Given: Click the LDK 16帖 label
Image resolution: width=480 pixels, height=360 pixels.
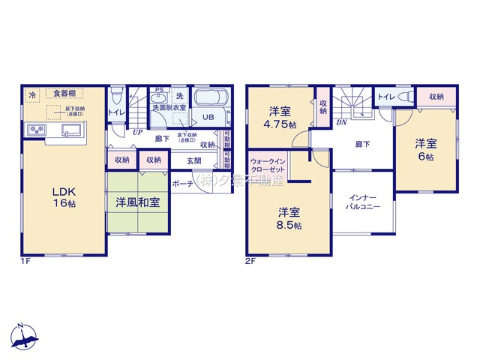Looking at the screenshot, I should (64, 196).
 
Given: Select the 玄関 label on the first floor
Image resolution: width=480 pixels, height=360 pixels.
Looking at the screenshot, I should (194, 160).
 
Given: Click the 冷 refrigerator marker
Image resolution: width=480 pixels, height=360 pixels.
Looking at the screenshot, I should (32, 94).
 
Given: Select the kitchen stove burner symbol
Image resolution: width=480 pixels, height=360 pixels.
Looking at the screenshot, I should (37, 130).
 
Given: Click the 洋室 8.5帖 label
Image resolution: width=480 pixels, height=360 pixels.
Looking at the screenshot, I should (287, 218).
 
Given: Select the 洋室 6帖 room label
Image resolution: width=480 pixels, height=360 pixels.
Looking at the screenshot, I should (425, 149).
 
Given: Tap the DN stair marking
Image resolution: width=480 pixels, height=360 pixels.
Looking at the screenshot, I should (340, 121).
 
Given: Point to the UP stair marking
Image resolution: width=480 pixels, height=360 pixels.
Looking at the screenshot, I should (137, 132).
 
